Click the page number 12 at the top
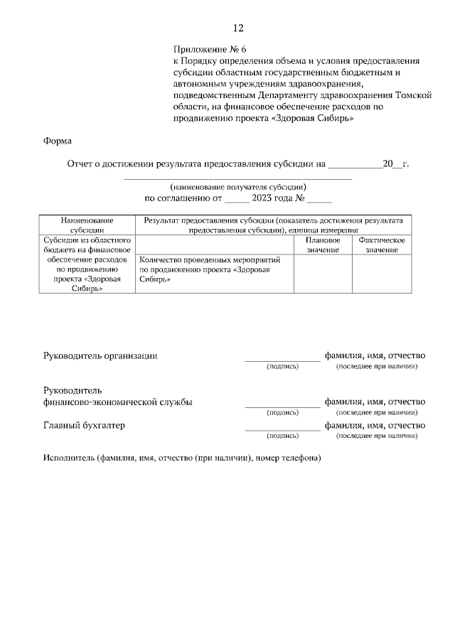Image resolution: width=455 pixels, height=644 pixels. (x=238, y=28)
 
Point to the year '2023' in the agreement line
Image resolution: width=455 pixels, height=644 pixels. (x=267, y=198)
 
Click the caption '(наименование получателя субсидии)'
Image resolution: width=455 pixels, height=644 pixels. (x=238, y=187)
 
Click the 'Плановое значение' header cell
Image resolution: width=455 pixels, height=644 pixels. (x=323, y=245)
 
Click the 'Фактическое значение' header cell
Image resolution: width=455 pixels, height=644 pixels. (x=382, y=245)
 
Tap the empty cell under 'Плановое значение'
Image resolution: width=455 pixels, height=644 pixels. (x=323, y=274)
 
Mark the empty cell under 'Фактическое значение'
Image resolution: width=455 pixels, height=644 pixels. (x=382, y=274)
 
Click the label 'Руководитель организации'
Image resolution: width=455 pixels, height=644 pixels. (x=100, y=355)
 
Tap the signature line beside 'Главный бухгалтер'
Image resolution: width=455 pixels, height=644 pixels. (x=282, y=429)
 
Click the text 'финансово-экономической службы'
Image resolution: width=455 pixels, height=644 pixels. (x=118, y=402)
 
